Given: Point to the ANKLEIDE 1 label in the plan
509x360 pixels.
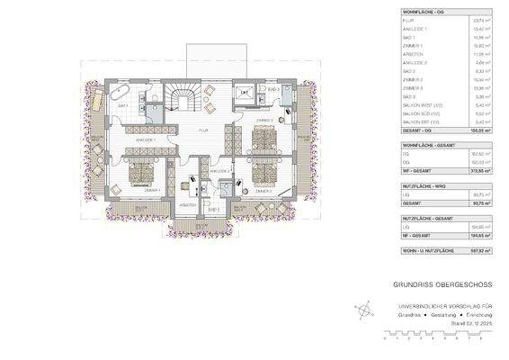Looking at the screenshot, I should click(146, 141).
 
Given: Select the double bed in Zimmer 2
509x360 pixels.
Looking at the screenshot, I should click(263, 171).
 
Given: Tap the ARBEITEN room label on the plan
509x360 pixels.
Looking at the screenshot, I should click(188, 205).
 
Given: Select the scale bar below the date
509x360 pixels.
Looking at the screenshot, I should click(434, 337).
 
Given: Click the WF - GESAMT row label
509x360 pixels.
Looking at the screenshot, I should click(394, 168).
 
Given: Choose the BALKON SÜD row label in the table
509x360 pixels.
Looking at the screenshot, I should click(397, 112).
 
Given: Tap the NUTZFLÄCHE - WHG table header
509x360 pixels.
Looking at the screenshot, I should click(403, 184).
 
